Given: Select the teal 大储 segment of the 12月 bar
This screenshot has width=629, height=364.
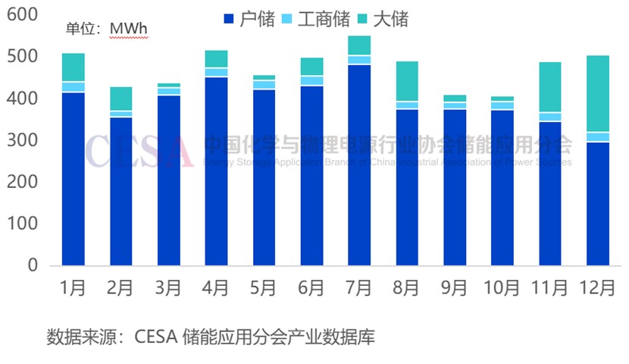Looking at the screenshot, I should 598,93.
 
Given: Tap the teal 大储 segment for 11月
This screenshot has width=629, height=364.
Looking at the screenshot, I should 550,86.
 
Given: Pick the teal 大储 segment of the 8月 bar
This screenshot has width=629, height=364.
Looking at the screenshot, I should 407,81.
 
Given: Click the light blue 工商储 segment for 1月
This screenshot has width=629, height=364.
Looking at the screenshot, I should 74,86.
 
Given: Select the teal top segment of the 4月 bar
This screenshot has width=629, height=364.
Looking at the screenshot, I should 217,58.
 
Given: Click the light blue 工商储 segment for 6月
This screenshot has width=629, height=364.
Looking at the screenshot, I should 311,80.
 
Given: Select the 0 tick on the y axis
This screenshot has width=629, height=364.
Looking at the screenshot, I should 33,266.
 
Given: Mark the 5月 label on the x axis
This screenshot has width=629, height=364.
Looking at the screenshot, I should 264,288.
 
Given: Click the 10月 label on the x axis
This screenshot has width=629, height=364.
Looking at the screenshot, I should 502,288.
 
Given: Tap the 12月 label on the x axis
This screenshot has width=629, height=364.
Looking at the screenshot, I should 597,288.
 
